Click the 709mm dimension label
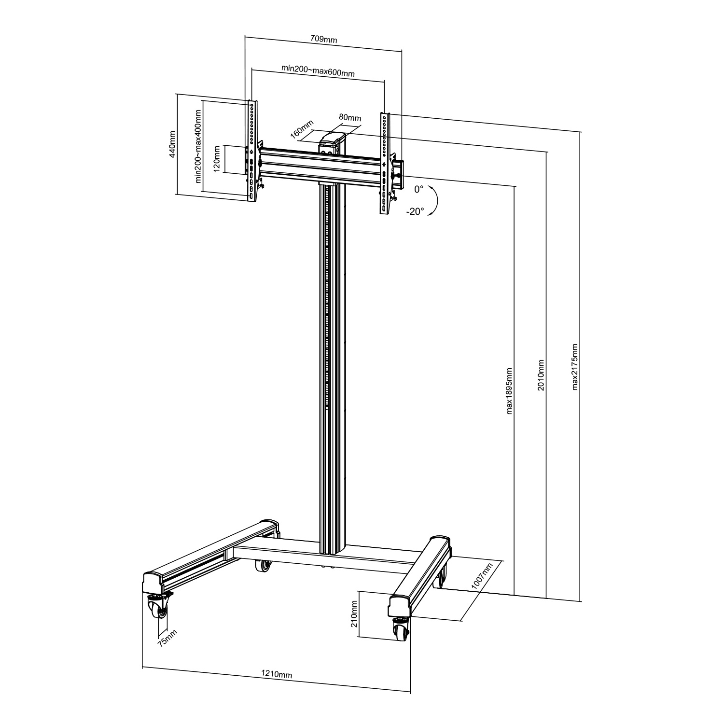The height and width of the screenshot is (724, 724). pyautogui.click(x=323, y=40)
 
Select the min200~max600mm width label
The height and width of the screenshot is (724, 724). pyautogui.click(x=318, y=70)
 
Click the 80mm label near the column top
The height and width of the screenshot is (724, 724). pyautogui.click(x=349, y=117)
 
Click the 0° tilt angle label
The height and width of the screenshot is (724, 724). pyautogui.click(x=418, y=190)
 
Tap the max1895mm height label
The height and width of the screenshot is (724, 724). pyautogui.click(x=509, y=391)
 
